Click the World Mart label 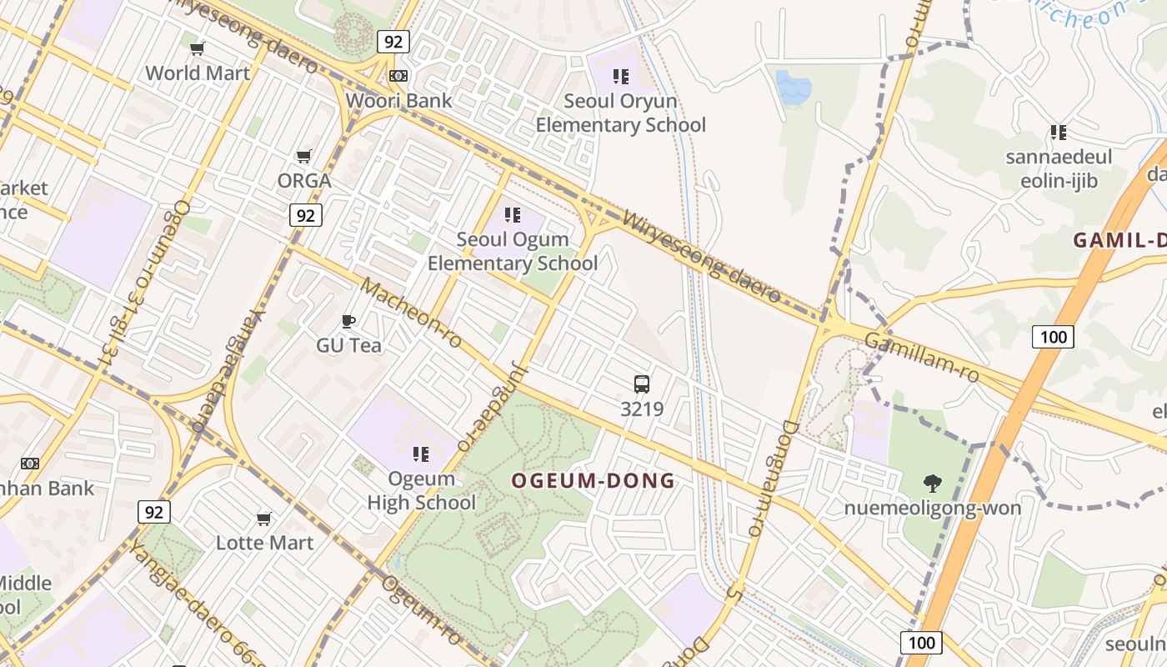coord(198,73)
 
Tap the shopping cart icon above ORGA coord(304,156)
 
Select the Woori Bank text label coord(398,101)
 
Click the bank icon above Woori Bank coord(398,76)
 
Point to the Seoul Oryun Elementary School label coord(620,113)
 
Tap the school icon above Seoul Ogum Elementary coord(513,215)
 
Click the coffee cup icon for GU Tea coord(348,321)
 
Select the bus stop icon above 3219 coord(641,384)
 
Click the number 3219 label coord(642,409)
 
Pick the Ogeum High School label coord(422,491)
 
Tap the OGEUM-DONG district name coord(593,481)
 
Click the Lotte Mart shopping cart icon coord(264,519)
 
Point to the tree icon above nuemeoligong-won coord(933,483)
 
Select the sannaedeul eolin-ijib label coord(1059,169)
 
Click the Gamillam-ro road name coord(920,358)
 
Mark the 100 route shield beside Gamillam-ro coord(1053,337)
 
